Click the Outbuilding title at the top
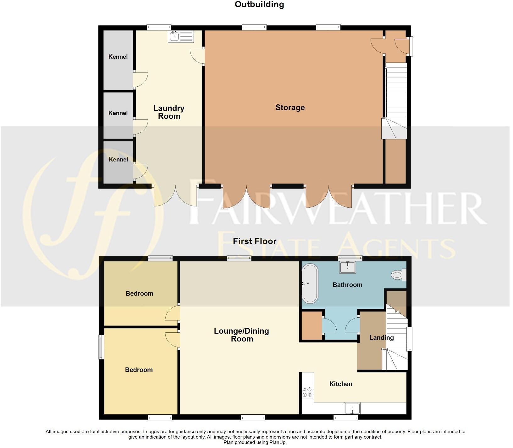point(259,4)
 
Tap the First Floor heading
point(255,241)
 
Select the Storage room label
point(290,107)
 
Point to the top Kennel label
point(118,57)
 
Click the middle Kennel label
point(118,113)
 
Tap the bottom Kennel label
point(118,159)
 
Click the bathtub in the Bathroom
point(310,283)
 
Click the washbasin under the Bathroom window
point(348,268)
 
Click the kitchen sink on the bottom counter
point(352,409)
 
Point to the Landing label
point(381,337)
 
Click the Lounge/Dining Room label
point(241,335)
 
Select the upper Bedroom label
point(139,293)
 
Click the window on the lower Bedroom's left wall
point(101,347)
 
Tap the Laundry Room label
point(169,112)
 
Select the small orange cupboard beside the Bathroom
point(312,325)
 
